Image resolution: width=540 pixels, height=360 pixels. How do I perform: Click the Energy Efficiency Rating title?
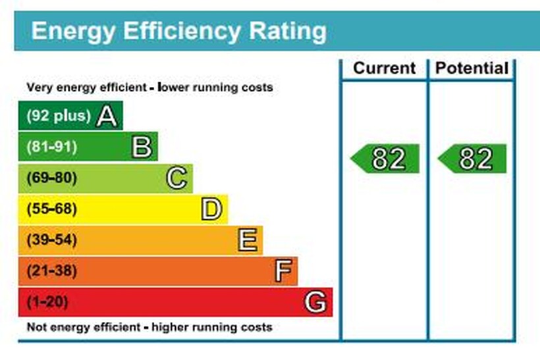178,31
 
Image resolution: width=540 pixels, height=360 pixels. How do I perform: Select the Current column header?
385,68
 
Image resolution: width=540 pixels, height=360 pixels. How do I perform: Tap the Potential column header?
472,68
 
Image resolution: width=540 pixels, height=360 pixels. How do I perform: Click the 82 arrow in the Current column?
386,159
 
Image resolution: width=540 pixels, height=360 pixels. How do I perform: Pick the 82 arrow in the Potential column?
473,159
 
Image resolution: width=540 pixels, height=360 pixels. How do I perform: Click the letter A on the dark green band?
107,116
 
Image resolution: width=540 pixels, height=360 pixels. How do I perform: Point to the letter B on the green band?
142,147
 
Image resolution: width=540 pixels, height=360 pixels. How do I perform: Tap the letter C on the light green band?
176,178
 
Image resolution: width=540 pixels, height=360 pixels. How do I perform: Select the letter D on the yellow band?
211,209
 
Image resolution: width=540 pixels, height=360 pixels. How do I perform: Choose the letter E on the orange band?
247,240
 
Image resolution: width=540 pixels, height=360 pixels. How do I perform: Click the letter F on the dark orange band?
282,271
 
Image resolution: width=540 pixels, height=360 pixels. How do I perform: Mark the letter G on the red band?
315,302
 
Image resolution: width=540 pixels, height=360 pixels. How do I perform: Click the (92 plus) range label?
58,116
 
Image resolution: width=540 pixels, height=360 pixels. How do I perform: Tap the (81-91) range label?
51,147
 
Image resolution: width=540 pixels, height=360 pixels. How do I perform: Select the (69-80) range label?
51,178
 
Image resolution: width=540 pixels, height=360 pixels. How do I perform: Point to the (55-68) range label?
51,209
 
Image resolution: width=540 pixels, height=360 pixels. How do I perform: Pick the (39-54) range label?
51,240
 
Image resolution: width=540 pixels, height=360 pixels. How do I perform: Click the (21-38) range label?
51,271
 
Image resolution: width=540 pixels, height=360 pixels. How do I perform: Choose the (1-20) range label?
47,302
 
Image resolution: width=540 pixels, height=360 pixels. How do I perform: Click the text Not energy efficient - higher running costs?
149,327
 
